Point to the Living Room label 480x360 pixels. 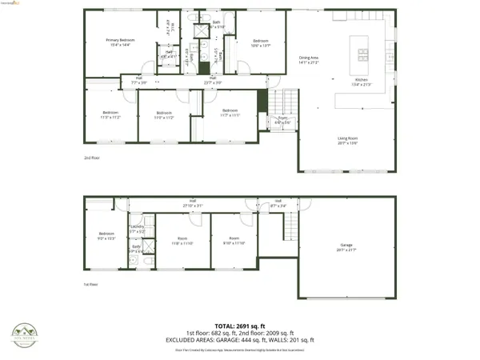(347, 141)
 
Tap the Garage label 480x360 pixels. (346, 248)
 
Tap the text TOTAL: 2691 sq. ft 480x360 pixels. (240, 326)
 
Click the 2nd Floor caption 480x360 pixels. (93, 158)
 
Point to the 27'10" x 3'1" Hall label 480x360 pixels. (193, 203)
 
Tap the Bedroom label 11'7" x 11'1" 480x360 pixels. (230, 113)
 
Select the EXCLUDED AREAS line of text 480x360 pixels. (240, 340)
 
